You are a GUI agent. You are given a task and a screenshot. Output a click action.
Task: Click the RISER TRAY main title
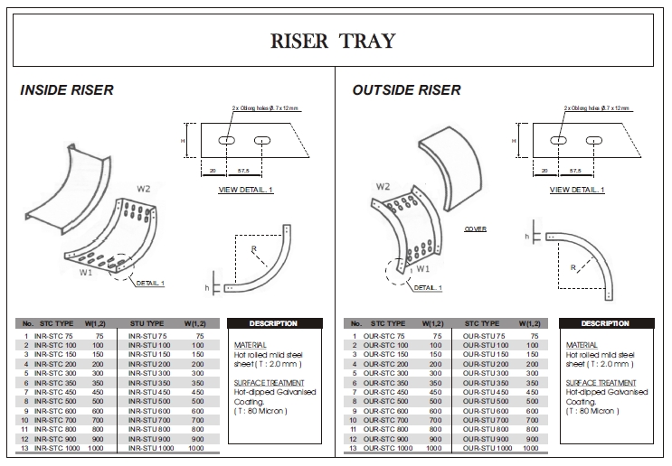(x=333, y=41)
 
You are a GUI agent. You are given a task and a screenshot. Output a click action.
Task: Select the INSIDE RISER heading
(x=67, y=90)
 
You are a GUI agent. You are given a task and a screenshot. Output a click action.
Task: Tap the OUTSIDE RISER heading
(x=406, y=90)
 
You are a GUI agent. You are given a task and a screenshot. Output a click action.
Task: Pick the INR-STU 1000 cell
(x=152, y=448)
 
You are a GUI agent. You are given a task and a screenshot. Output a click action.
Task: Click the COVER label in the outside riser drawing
(x=476, y=229)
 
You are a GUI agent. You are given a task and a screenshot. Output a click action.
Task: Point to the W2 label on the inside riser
(x=144, y=189)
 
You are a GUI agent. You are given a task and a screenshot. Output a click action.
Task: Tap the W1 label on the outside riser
(x=421, y=267)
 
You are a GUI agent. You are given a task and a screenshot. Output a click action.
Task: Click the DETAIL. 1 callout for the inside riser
(x=150, y=283)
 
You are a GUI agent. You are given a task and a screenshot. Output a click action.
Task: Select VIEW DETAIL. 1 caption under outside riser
(x=577, y=190)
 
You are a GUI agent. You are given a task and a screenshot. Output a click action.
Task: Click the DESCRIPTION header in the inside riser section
(x=273, y=323)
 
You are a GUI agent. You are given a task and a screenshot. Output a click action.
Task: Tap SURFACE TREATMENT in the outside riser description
(x=598, y=383)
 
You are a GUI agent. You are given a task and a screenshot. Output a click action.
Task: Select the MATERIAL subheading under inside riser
(x=250, y=345)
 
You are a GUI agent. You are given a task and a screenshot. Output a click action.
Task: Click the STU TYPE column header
(x=147, y=323)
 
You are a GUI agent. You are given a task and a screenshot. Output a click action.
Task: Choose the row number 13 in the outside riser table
(x=355, y=448)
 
